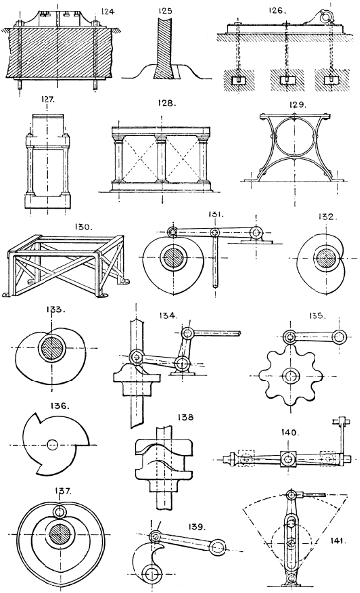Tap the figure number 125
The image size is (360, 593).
coord(165,11)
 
